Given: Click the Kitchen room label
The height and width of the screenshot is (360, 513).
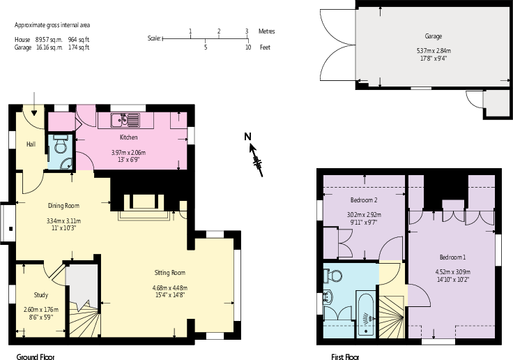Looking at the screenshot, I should (129, 137).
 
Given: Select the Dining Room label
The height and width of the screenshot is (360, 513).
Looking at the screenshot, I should (63, 206).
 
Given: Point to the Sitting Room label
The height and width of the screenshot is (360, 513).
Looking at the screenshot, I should (169, 272).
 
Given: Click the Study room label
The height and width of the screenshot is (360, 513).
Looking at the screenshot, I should (40, 294).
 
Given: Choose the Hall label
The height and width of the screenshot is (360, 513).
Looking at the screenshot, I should (31, 144).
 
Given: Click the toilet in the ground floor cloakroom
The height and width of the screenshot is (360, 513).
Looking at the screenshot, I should (61, 144).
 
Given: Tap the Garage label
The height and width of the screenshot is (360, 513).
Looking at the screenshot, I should (434, 36).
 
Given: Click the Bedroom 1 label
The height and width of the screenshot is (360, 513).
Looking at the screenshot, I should (452, 256).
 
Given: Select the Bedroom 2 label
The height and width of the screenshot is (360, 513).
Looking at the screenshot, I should (364, 200).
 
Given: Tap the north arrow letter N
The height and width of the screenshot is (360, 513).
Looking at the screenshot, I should (247, 137).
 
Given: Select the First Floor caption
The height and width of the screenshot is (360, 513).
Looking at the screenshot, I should (345, 357).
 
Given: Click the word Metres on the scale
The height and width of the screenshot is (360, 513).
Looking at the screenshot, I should (266, 31).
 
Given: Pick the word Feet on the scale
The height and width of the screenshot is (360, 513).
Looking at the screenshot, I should (265, 47).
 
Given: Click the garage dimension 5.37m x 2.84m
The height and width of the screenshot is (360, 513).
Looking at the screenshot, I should (434, 50).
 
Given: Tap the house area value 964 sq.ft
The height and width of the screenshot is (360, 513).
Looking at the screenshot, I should (79, 40).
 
